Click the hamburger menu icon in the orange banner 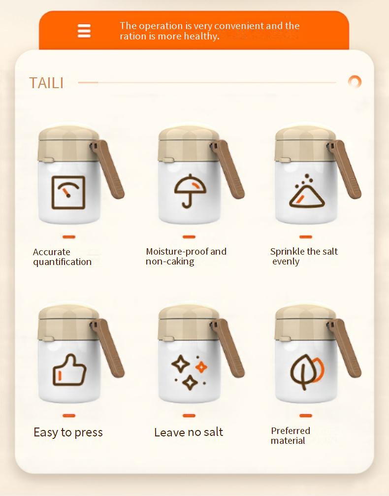(x=84, y=31)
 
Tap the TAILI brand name (x=46, y=83)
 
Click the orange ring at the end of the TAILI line (x=355, y=82)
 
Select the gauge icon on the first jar (x=68, y=192)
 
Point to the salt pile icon (x=306, y=194)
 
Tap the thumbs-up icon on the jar (x=69, y=370)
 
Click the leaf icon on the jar (x=306, y=371)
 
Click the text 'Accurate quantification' (x=62, y=257)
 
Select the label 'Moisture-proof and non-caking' (x=186, y=256)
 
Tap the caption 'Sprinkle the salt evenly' (x=304, y=256)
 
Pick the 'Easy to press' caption (x=68, y=432)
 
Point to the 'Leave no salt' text (x=189, y=432)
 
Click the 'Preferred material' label (x=291, y=435)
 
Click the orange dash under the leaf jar (x=306, y=416)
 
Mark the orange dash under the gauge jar (x=69, y=237)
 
